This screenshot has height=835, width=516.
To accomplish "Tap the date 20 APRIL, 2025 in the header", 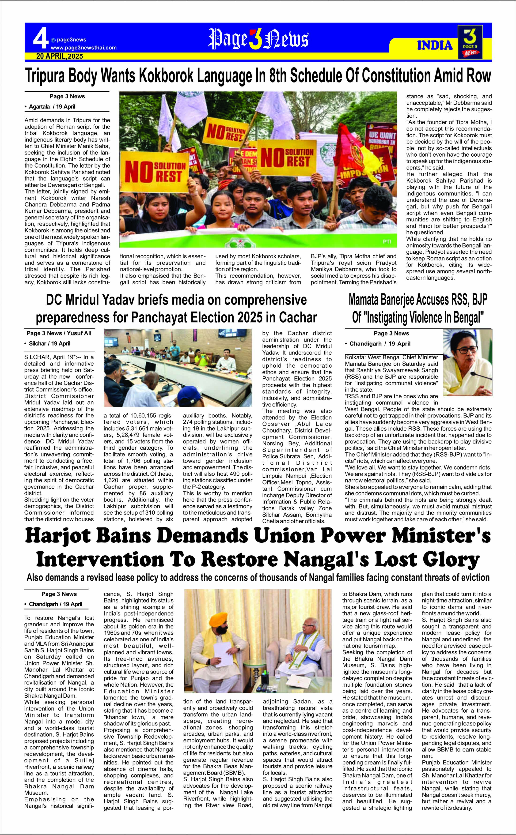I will [x=60, y=56].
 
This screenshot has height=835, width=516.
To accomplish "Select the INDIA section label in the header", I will [x=435, y=45].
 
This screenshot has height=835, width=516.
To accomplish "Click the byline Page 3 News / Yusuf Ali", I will [x=59, y=333].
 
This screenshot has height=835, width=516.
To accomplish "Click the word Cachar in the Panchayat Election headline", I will [x=298, y=317].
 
